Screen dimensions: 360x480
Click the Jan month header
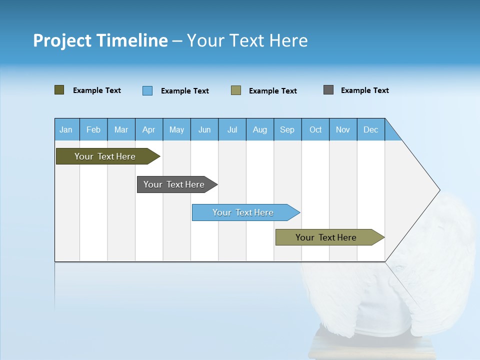click(x=66, y=129)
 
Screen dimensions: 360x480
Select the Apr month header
click(x=149, y=129)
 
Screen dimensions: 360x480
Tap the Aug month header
click(x=260, y=129)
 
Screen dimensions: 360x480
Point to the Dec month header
click(x=371, y=129)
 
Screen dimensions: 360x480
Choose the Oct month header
click(x=315, y=129)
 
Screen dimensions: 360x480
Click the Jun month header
click(x=204, y=129)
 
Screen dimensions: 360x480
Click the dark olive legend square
click(x=59, y=90)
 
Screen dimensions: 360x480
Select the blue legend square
click(x=147, y=90)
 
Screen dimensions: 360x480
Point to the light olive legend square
click(x=236, y=90)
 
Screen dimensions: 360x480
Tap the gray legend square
click(x=328, y=90)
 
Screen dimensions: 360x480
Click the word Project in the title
click(x=62, y=40)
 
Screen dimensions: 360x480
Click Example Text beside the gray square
click(x=364, y=90)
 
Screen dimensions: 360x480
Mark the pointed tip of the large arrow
click(x=439, y=190)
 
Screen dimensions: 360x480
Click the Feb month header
click(x=93, y=129)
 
